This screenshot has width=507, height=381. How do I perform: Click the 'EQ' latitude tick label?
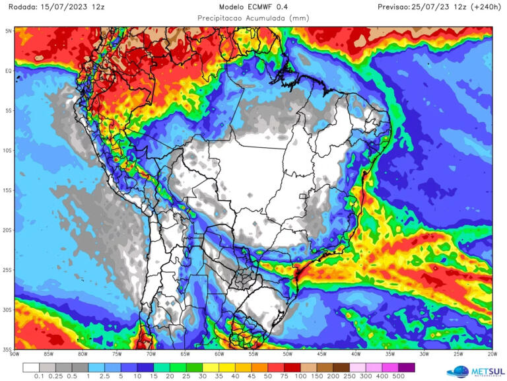tap(9, 71)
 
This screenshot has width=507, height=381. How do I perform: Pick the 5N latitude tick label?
tap(9, 31)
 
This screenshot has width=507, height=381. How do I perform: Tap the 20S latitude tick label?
tap(9, 230)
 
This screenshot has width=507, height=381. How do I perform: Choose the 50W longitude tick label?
tap(287, 355)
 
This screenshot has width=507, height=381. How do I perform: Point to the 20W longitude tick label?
tap(490, 355)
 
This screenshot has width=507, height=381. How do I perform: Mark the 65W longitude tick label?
tap(185, 355)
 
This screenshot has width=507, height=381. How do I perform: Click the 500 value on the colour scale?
tap(398, 376)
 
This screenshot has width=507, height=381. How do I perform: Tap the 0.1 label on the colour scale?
tap(38, 376)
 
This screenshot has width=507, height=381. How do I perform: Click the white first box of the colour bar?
tap(30, 367)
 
